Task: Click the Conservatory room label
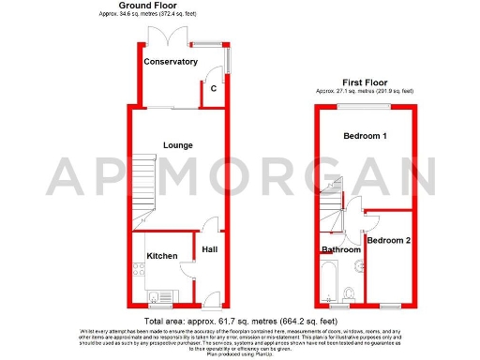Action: click(x=171, y=62)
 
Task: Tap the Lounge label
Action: click(x=177, y=145)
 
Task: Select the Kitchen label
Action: click(x=162, y=255)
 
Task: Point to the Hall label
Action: click(x=211, y=249)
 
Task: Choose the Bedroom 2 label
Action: click(x=388, y=241)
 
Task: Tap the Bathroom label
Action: click(x=341, y=250)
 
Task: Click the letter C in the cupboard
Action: click(x=214, y=88)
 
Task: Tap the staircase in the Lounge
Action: click(x=141, y=187)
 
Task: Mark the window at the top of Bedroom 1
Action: click(x=365, y=107)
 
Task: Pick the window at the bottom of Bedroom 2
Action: click(x=390, y=307)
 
